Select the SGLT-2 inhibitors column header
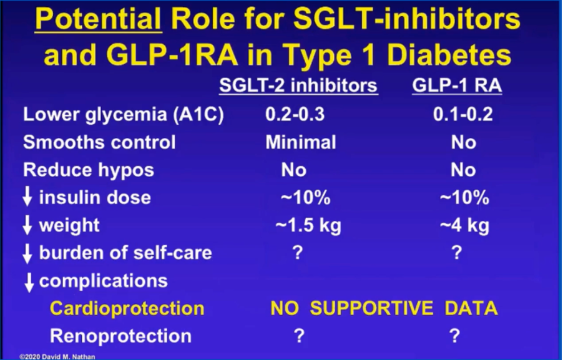point(298,85)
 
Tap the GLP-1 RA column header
point(457,85)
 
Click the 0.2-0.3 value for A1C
point(295,114)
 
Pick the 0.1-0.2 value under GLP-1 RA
point(463,114)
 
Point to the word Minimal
point(301,142)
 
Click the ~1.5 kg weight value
point(308,225)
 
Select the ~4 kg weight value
point(464,225)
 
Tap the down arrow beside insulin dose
point(27,197)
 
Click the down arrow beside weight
point(27,225)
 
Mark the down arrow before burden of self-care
point(27,253)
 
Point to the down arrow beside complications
point(29,282)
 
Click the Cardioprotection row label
point(127,308)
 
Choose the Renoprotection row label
point(120,336)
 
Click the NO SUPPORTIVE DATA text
point(384,308)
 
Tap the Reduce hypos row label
point(89,170)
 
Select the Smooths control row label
point(99,142)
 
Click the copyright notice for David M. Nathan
point(57,357)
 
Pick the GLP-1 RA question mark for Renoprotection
point(454,336)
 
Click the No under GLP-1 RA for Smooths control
point(464,142)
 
